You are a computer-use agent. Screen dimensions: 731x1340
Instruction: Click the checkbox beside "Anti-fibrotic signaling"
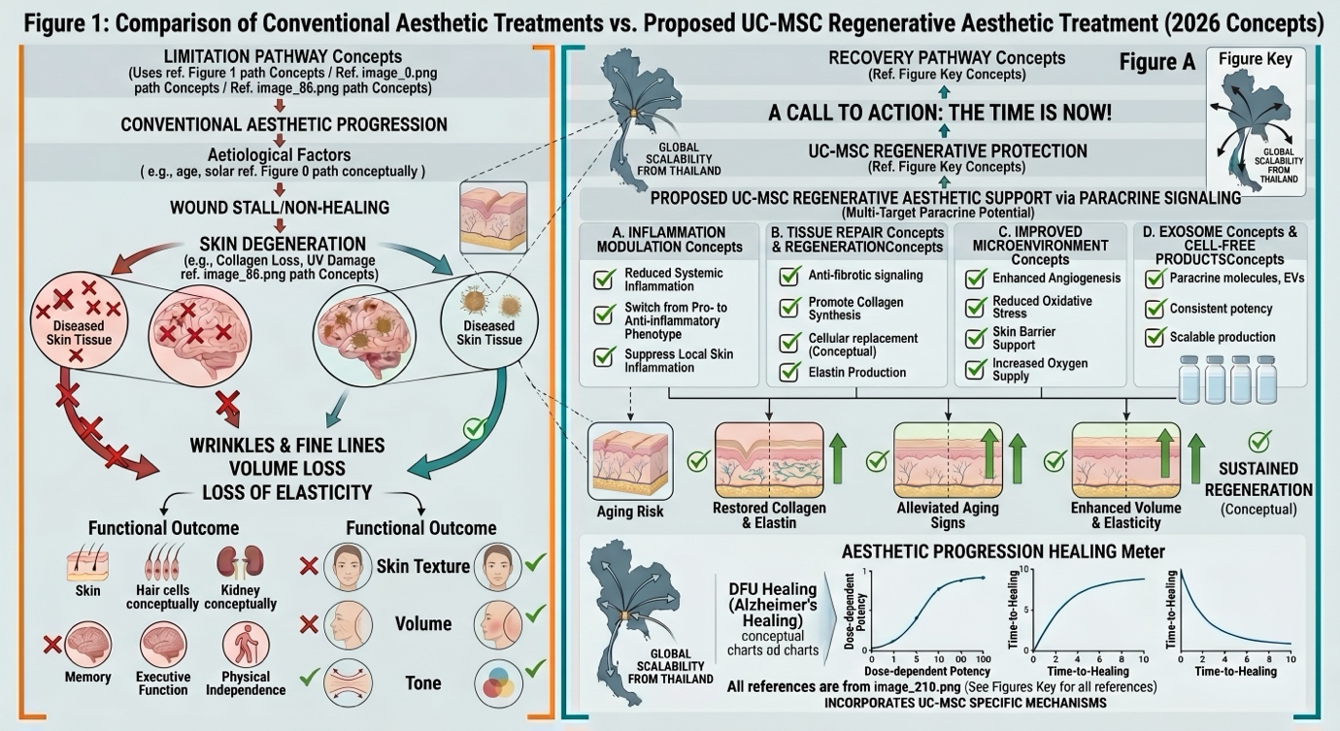[x=789, y=277]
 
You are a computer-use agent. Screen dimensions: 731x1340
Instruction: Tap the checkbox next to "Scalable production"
[x=1156, y=338]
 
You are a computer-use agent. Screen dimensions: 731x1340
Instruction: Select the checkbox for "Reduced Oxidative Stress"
[x=975, y=308]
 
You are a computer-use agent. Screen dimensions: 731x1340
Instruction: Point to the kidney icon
[x=227, y=563]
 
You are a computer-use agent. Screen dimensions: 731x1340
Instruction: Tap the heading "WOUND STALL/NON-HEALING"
[x=281, y=208]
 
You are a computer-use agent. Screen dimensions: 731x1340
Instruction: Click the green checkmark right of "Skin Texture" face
[x=535, y=562]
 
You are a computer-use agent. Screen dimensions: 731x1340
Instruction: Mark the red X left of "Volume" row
[x=309, y=622]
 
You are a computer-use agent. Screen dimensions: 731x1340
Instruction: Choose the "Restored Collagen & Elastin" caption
[x=769, y=515]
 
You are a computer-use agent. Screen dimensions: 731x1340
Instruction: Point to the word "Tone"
[x=422, y=683]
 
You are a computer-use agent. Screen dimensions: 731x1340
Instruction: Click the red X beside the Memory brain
[x=53, y=643]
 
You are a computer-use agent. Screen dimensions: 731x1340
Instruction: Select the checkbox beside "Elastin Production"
[x=789, y=373]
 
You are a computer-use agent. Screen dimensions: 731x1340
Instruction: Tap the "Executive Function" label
[x=162, y=683]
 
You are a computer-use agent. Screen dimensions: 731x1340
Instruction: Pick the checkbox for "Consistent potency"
[x=1156, y=310]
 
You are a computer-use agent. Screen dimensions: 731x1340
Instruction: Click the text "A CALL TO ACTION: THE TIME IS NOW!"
[x=940, y=113]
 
